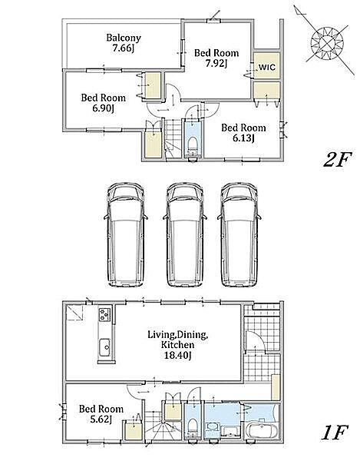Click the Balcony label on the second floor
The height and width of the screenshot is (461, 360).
(x=124, y=38)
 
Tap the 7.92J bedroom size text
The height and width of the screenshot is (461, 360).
(x=216, y=63)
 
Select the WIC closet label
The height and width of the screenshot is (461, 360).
(x=267, y=68)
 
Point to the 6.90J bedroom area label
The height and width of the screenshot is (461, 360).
(x=104, y=108)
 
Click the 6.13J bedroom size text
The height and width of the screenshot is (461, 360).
(x=243, y=138)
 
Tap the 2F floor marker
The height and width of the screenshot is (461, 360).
(x=337, y=161)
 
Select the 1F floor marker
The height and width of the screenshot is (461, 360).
(x=335, y=432)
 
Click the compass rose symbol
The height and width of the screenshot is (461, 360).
(x=327, y=43)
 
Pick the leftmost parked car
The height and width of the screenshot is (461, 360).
(x=126, y=234)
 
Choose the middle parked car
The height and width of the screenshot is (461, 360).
(x=185, y=234)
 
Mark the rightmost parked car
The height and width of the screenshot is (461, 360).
(x=239, y=234)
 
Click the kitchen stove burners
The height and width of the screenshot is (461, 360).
(x=104, y=314)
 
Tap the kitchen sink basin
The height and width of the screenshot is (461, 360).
(x=104, y=348)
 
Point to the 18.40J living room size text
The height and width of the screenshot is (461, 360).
(x=177, y=356)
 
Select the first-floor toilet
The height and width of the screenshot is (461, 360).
(x=193, y=426)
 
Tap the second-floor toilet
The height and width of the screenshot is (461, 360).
(x=193, y=145)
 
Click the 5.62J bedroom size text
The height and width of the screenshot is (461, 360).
(x=101, y=420)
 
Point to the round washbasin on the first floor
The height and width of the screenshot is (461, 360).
(x=211, y=426)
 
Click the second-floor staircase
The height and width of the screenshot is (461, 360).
(x=172, y=138)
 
